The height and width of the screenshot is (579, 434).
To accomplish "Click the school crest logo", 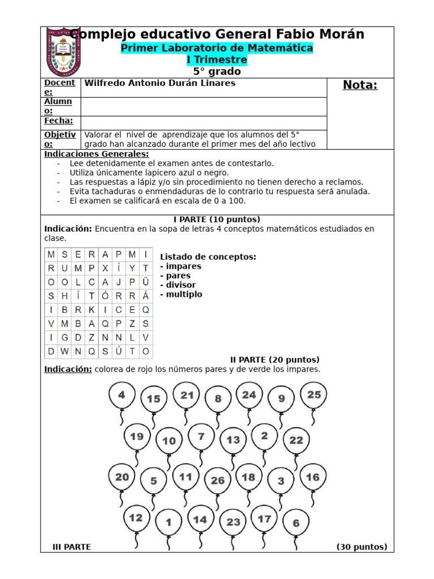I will (x=66, y=51).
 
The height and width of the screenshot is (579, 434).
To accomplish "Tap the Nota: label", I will (x=360, y=85).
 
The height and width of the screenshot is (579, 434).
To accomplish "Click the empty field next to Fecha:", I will (x=203, y=123).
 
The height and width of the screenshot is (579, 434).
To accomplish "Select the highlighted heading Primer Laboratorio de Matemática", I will (x=217, y=48).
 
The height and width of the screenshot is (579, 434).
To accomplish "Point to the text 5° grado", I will (x=217, y=72).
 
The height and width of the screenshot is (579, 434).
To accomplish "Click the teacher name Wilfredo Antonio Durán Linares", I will (x=160, y=83).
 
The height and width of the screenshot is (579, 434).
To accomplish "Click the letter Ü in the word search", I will (x=146, y=282).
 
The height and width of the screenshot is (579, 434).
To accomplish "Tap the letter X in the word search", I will (x=105, y=268).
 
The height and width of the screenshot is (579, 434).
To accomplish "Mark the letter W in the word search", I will (x=64, y=351).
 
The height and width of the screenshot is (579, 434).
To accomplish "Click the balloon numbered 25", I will (x=314, y=396).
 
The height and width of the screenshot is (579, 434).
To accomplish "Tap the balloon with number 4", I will (x=121, y=396).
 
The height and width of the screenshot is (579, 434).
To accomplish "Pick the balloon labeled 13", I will (x=233, y=440).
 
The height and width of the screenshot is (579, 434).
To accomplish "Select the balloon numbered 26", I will (x=218, y=481).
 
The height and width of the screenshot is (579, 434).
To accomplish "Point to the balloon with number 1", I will (x=168, y=522).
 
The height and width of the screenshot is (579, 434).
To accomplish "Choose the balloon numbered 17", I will (x=264, y=519).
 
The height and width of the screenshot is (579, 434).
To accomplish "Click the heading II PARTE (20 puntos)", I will (x=275, y=360).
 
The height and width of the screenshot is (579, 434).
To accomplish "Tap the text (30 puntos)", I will (x=362, y=547).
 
